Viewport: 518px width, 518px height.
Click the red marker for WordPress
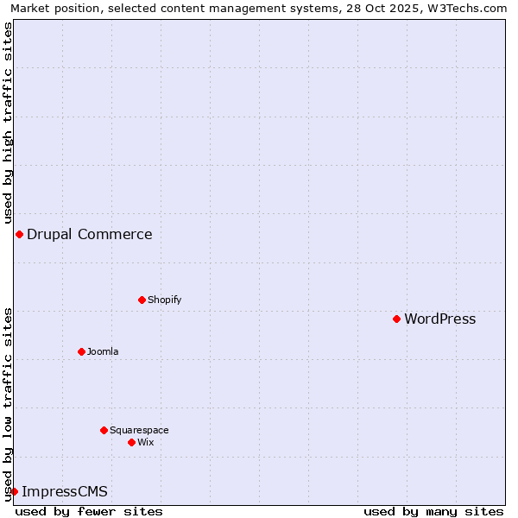(x=396, y=319)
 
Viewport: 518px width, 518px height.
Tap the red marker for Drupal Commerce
(x=19, y=235)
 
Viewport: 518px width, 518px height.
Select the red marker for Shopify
(x=142, y=300)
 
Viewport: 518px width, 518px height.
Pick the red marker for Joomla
(x=81, y=351)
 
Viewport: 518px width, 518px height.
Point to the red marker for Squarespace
(x=104, y=430)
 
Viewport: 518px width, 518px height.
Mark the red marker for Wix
(x=131, y=442)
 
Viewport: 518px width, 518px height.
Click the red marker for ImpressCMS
(x=14, y=492)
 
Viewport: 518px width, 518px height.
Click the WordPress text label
(x=439, y=319)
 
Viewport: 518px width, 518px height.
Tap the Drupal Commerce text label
(x=90, y=235)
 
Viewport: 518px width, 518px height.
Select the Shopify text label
(x=164, y=300)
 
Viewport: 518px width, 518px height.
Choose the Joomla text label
(x=103, y=351)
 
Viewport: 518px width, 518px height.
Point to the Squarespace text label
(x=139, y=430)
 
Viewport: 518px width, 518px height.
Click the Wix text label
(x=146, y=442)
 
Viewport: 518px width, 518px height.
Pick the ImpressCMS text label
(x=65, y=492)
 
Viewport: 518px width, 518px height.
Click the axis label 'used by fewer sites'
(x=89, y=511)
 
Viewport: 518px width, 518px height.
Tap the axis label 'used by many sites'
(x=433, y=511)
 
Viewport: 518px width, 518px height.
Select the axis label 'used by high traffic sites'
(x=8, y=123)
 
